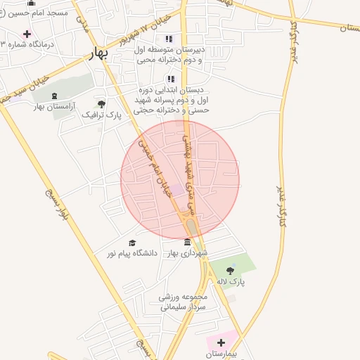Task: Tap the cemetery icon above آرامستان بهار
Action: [x=55, y=96]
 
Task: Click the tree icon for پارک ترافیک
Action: [x=102, y=104]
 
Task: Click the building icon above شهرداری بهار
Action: [x=186, y=243]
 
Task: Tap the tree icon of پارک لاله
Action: [x=230, y=269]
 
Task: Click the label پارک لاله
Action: [x=231, y=280]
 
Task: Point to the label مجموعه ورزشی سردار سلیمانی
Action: [x=185, y=302]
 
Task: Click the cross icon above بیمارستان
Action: [x=221, y=342]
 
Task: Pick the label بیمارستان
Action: [x=222, y=354]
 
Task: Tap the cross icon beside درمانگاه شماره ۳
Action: [x=27, y=34]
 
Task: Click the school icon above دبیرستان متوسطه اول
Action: [x=168, y=39]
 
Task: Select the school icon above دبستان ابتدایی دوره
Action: [x=170, y=79]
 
